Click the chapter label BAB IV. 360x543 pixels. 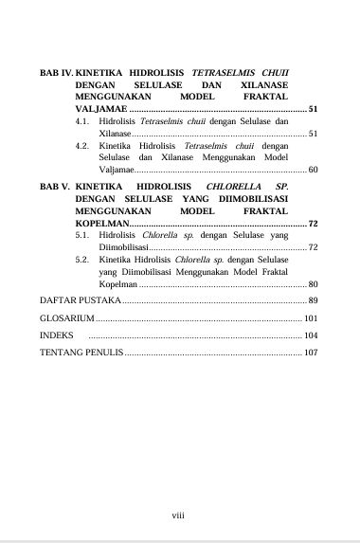(55, 72)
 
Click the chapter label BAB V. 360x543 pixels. (54, 187)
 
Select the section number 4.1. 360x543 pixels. (82, 122)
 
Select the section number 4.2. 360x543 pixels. (82, 146)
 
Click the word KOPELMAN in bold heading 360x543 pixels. (101, 224)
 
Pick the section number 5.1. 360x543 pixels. (82, 236)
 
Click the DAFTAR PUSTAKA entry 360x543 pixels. (80, 300)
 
